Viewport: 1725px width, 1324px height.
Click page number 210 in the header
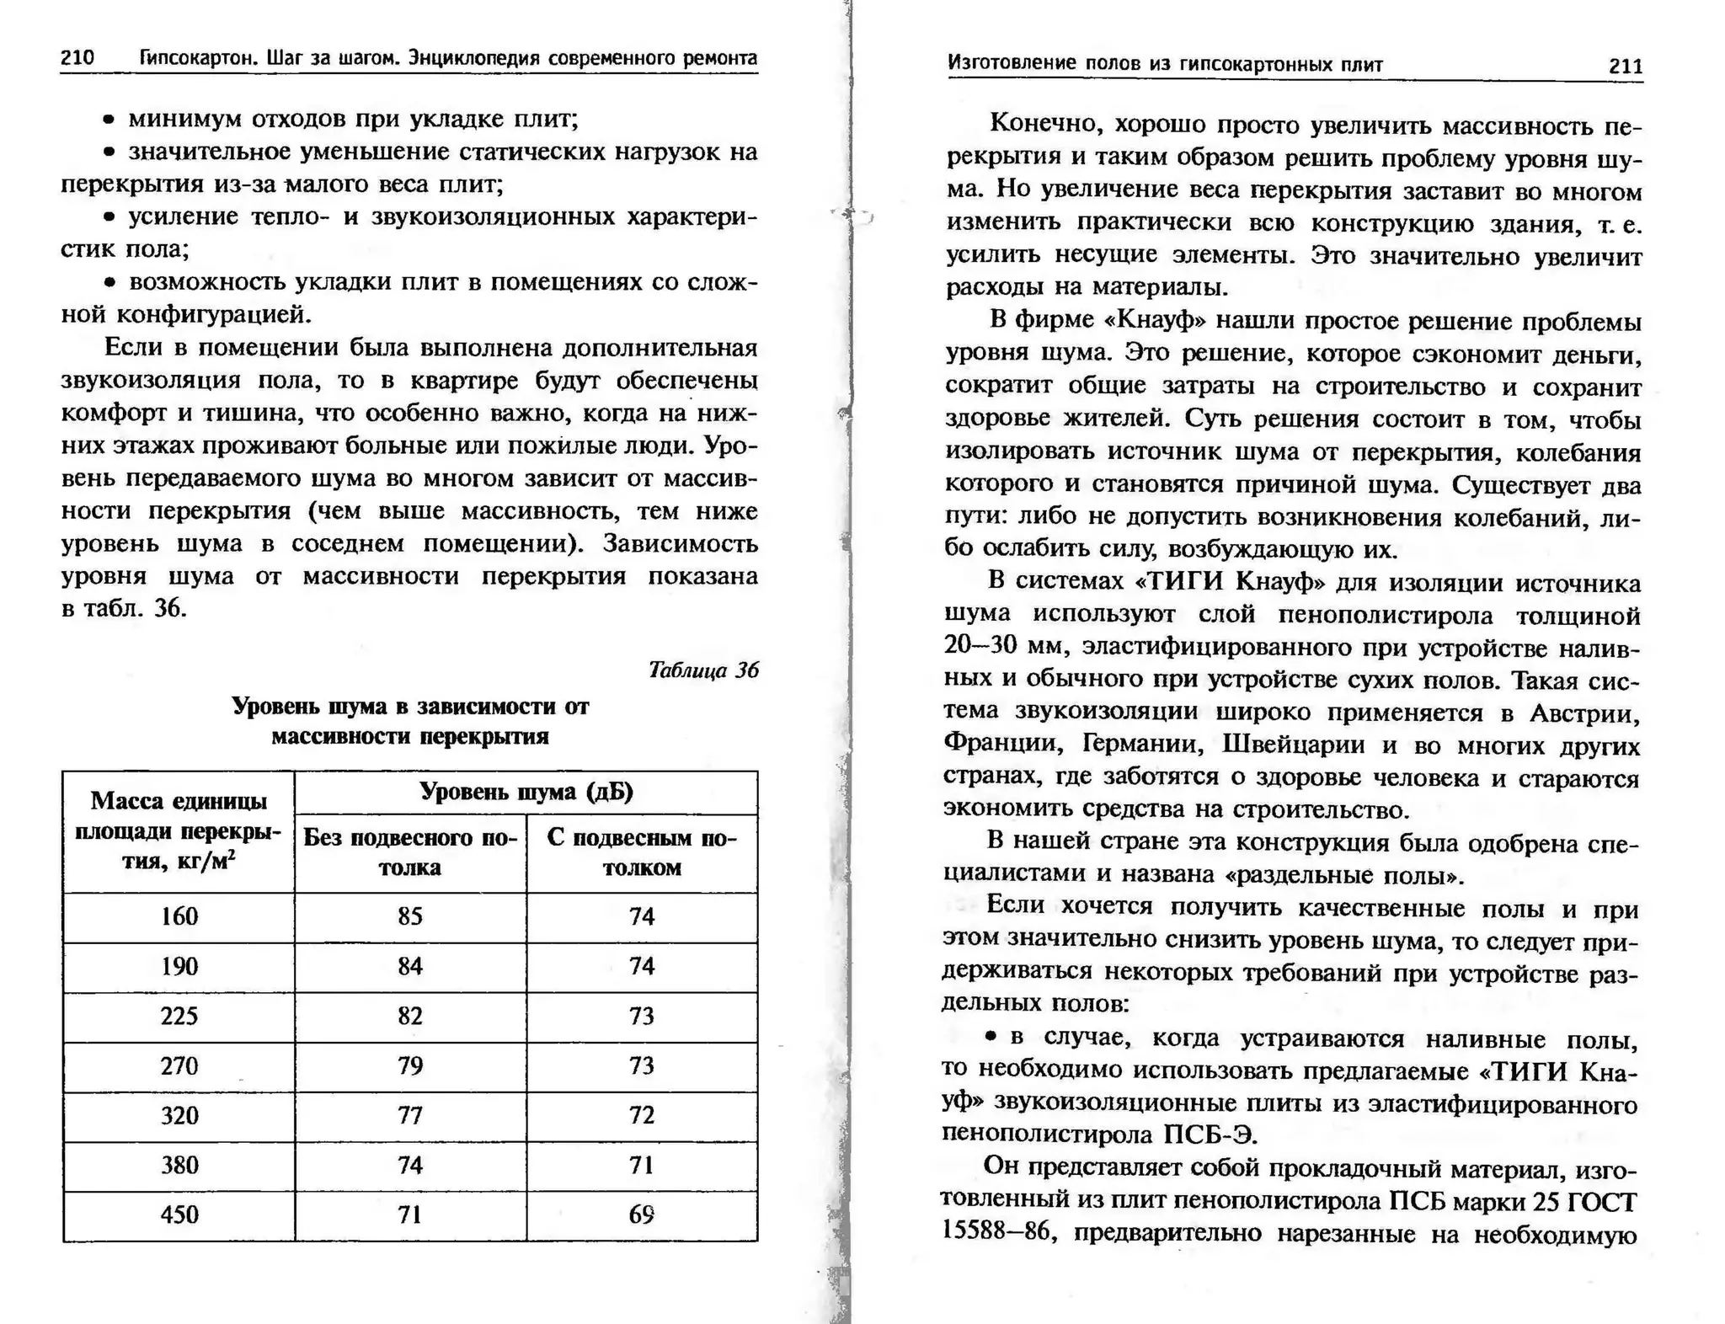(x=77, y=57)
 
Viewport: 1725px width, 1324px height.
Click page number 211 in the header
(x=1625, y=66)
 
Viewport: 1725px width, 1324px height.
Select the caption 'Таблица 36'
(x=703, y=670)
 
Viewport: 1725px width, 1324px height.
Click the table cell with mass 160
(x=179, y=916)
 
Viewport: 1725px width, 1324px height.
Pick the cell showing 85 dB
(x=410, y=916)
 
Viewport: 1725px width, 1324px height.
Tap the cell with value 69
(x=641, y=1215)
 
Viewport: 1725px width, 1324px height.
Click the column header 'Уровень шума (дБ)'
(x=526, y=792)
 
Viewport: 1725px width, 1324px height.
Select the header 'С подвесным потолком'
(x=641, y=852)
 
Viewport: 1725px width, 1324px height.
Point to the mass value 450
(x=179, y=1215)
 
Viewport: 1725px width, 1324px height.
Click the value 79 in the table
(x=410, y=1065)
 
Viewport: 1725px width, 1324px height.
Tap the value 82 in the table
(x=410, y=1016)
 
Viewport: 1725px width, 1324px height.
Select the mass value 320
(x=179, y=1115)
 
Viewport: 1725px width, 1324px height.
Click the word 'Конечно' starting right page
(x=1044, y=124)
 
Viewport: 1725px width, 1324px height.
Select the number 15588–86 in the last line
(x=998, y=1232)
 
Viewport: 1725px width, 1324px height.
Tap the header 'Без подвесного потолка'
(x=410, y=852)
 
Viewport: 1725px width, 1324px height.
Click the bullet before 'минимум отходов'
(x=108, y=120)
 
